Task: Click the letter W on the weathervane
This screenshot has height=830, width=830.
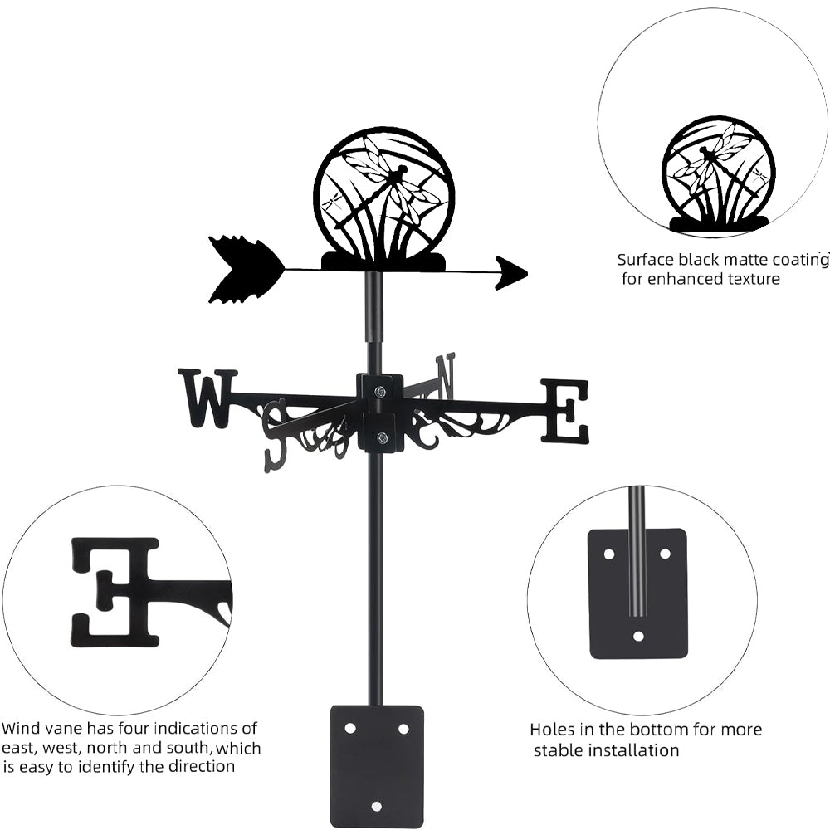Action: coord(207,398)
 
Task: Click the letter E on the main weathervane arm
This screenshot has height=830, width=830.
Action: coord(565,410)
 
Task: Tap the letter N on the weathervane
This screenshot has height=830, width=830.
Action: coord(446,375)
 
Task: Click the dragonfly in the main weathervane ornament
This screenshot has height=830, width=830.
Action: coord(390,178)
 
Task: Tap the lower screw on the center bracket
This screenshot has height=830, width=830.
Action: coord(381,437)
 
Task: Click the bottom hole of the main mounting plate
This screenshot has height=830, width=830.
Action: coord(377,806)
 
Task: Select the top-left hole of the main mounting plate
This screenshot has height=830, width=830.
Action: coord(350,728)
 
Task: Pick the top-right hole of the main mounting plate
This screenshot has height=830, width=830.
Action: coord(403,728)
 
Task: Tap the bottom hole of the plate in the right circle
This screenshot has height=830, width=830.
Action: coord(637,637)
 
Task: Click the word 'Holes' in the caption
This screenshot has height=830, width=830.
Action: coord(553,730)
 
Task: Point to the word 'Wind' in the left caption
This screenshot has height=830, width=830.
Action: coord(21,729)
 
